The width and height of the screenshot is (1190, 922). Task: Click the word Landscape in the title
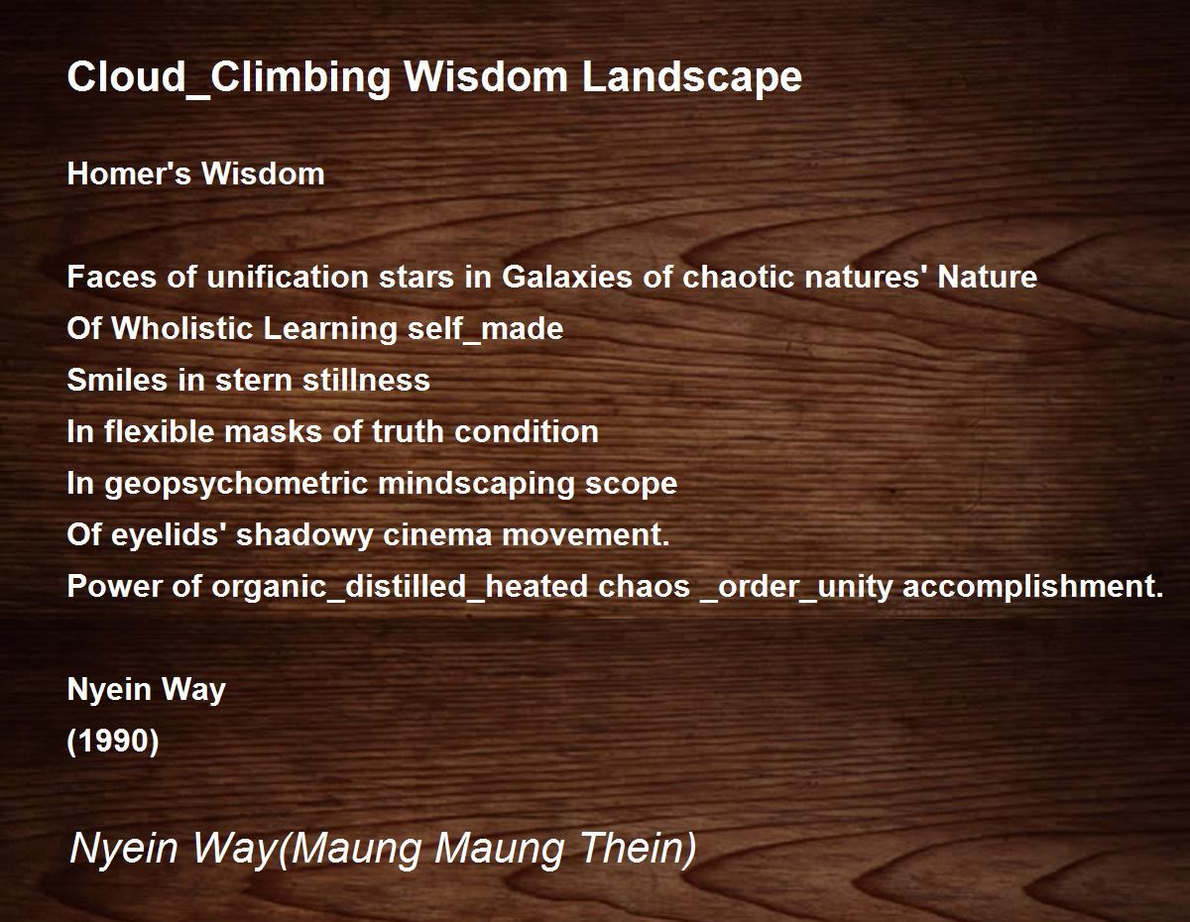691,76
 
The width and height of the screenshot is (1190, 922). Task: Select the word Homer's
129,173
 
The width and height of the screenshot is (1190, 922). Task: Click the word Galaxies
567,277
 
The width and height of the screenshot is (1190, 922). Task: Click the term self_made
485,329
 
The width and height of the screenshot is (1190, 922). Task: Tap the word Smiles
117,380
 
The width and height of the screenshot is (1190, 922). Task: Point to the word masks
274,431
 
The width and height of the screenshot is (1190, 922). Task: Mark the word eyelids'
170,535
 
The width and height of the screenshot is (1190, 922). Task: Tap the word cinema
437,534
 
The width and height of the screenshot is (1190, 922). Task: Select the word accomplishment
1032,587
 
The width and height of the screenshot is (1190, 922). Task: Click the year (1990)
113,742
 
